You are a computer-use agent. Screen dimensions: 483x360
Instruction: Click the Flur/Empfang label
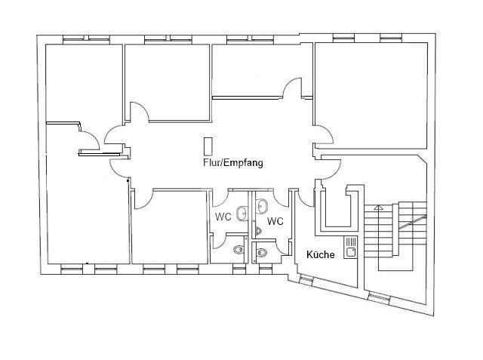[233, 162]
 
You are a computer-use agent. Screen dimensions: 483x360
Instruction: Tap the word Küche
[320, 254]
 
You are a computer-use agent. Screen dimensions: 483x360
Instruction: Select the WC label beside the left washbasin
[223, 217]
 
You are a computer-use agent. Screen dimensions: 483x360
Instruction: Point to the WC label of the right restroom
[275, 221]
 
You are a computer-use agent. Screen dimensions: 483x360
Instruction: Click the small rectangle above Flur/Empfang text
[208, 146]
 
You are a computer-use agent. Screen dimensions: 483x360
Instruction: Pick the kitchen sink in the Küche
[350, 248]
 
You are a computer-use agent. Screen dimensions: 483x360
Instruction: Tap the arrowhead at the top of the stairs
[379, 207]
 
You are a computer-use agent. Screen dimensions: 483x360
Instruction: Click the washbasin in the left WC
[241, 214]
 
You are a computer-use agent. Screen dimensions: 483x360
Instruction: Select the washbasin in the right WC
[263, 206]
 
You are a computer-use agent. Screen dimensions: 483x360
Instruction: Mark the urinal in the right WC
[258, 231]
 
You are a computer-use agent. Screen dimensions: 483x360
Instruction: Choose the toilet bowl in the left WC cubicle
[238, 250]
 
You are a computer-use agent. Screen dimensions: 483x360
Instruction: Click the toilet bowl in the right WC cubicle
[261, 253]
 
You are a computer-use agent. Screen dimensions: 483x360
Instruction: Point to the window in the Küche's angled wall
[306, 280]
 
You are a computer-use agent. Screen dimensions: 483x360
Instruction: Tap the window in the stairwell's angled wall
[379, 297]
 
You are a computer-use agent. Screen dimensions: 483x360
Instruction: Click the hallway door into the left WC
[220, 198]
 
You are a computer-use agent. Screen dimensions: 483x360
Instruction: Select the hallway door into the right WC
[280, 198]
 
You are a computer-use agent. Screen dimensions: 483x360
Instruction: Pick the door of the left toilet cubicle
[220, 241]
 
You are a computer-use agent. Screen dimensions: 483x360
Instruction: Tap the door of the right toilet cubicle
[281, 248]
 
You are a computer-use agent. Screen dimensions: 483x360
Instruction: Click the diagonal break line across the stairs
[413, 223]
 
